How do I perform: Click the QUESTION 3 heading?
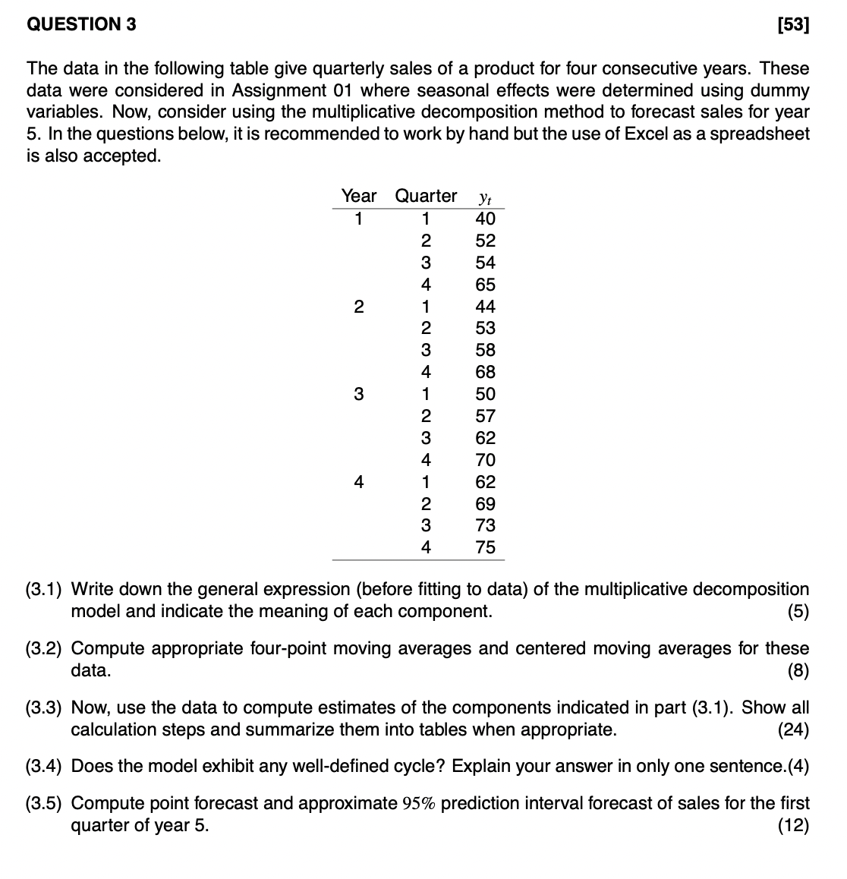point(81,24)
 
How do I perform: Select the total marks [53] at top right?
point(794,25)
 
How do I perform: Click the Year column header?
point(358,196)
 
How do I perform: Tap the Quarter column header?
point(426,196)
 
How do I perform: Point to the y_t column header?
point(485,197)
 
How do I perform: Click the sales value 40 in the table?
point(485,219)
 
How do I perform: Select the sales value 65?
point(485,285)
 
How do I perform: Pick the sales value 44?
point(485,307)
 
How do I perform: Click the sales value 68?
point(485,372)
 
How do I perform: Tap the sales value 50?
point(485,394)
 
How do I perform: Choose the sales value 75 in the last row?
point(485,547)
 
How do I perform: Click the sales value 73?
point(485,525)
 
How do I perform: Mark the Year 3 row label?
point(358,394)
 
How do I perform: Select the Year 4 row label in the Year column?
point(358,482)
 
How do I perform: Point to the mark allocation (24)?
point(794,730)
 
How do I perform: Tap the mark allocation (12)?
point(794,826)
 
